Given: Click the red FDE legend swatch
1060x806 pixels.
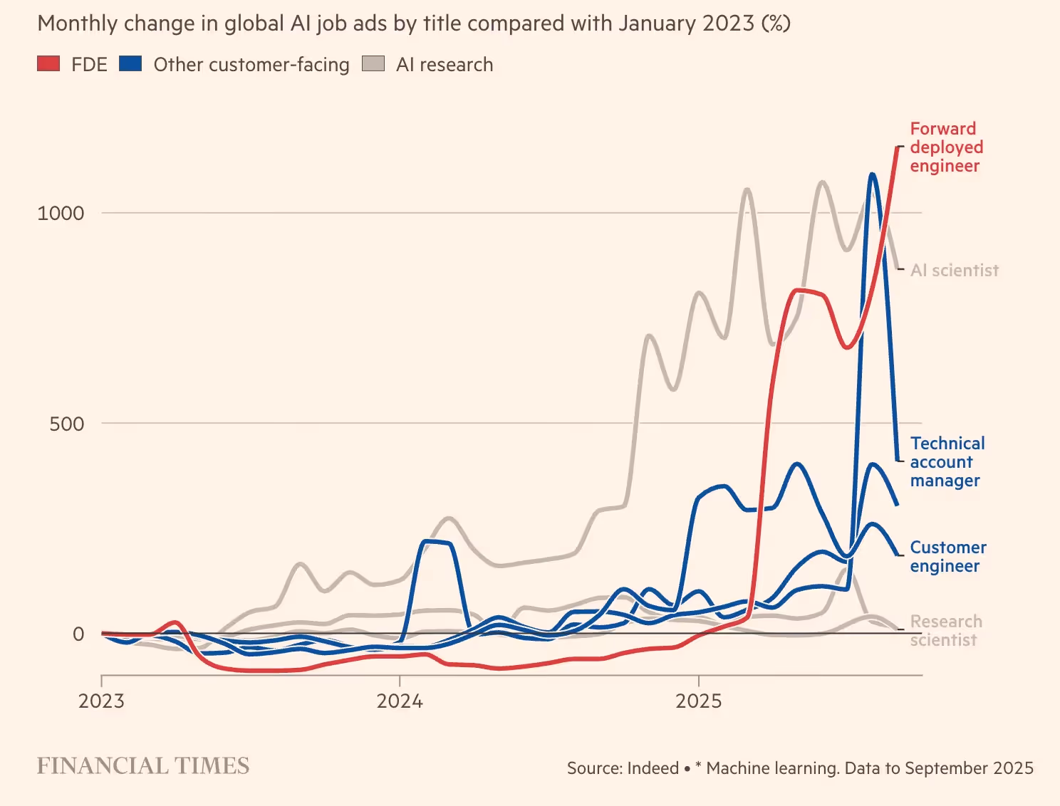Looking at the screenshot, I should pyautogui.click(x=48, y=64).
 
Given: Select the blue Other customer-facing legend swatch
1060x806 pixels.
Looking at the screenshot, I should pyautogui.click(x=131, y=64).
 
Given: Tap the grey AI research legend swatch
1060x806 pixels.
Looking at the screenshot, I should pyautogui.click(x=373, y=64).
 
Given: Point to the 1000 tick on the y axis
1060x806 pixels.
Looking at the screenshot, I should pyautogui.click(x=61, y=213).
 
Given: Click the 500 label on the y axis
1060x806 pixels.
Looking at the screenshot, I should pyautogui.click(x=66, y=424).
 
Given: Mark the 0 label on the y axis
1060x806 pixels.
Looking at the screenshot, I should pyautogui.click(x=78, y=634).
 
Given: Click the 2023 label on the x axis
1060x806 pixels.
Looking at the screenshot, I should pyautogui.click(x=101, y=701).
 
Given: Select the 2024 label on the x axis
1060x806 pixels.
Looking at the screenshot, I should pyautogui.click(x=400, y=701).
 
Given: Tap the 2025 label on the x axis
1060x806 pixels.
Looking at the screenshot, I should pyautogui.click(x=698, y=701).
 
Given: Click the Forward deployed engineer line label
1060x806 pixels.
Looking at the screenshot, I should pyautogui.click(x=946, y=147).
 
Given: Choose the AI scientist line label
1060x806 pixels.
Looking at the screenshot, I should pyautogui.click(x=955, y=271).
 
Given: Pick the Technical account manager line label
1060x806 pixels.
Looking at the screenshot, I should pyautogui.click(x=947, y=462).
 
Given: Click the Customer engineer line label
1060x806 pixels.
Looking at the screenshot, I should pyautogui.click(x=947, y=557).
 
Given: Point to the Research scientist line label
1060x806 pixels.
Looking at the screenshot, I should pyautogui.click(x=945, y=631).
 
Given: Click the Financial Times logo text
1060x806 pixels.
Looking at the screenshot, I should pyautogui.click(x=143, y=766).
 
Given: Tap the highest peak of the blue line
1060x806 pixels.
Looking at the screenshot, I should pyautogui.click(x=871, y=174).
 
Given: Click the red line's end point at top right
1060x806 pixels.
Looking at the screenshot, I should pyautogui.click(x=897, y=147).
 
